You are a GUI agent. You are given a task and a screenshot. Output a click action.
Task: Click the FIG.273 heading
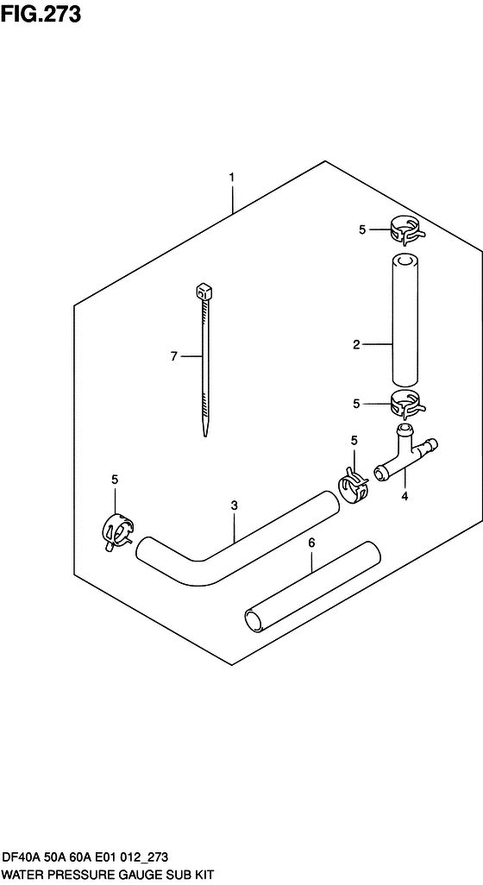[x=41, y=14]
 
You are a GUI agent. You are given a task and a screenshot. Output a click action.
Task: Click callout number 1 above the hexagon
[x=231, y=177]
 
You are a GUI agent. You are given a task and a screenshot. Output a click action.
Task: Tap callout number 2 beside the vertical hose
[x=356, y=344]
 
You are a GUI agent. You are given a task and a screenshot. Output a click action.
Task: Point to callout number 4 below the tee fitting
[x=404, y=497]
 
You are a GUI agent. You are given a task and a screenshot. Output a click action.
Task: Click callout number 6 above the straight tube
[x=311, y=543]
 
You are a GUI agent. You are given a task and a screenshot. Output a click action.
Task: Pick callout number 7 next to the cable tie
[x=173, y=356]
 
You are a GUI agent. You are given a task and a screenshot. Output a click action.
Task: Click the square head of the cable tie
[x=204, y=292]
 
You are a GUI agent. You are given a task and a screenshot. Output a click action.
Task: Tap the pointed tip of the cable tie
[x=205, y=435]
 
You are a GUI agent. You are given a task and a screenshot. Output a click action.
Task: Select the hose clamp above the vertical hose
[x=406, y=231]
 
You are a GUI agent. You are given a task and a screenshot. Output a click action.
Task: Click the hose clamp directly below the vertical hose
[x=407, y=405]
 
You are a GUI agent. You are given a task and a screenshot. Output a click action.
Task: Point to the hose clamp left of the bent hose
[x=117, y=533]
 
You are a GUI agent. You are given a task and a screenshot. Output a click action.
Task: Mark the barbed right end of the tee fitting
[x=431, y=443]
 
